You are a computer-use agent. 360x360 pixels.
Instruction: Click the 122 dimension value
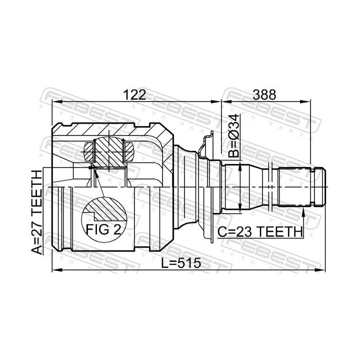pyautogui.click(x=134, y=94)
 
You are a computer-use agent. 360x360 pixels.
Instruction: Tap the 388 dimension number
pyautogui.click(x=264, y=94)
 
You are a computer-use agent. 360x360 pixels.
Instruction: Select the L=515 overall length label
pyautogui.click(x=181, y=263)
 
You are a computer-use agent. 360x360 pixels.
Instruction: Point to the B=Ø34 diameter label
pyautogui.click(x=234, y=135)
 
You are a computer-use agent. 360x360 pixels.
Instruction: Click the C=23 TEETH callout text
pyautogui.click(x=260, y=232)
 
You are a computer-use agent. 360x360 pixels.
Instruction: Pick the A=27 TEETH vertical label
pyautogui.click(x=37, y=212)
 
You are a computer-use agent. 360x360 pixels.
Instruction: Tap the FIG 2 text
pyautogui.click(x=103, y=229)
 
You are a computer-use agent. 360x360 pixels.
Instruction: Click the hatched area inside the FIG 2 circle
pyautogui.click(x=107, y=209)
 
